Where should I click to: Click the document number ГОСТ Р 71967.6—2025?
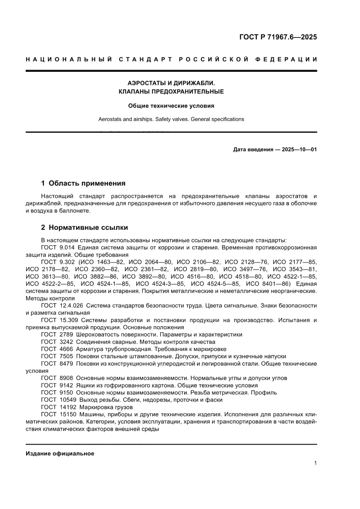[278, 37]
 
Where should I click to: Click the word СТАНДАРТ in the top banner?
[142, 59]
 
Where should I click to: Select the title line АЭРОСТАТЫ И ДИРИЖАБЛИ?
[171, 82]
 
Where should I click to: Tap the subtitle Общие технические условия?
[171, 105]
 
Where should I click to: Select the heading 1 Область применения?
[83, 183]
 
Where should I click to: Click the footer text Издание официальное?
[60, 453]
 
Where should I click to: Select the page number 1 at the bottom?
[315, 463]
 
